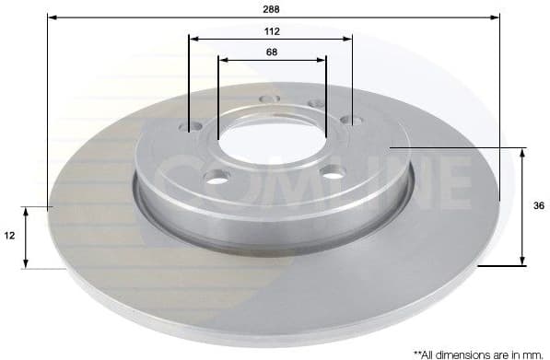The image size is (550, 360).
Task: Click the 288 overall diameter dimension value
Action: (x=271, y=8)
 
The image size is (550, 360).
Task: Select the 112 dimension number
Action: (x=271, y=30)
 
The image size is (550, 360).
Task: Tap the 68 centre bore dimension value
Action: (x=272, y=52)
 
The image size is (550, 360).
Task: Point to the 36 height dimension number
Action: (x=537, y=207)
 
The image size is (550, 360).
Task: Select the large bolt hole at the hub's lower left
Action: (x=217, y=179)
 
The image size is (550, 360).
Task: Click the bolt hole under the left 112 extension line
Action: (x=193, y=128)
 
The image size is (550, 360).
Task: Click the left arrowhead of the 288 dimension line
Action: (x=51, y=17)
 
